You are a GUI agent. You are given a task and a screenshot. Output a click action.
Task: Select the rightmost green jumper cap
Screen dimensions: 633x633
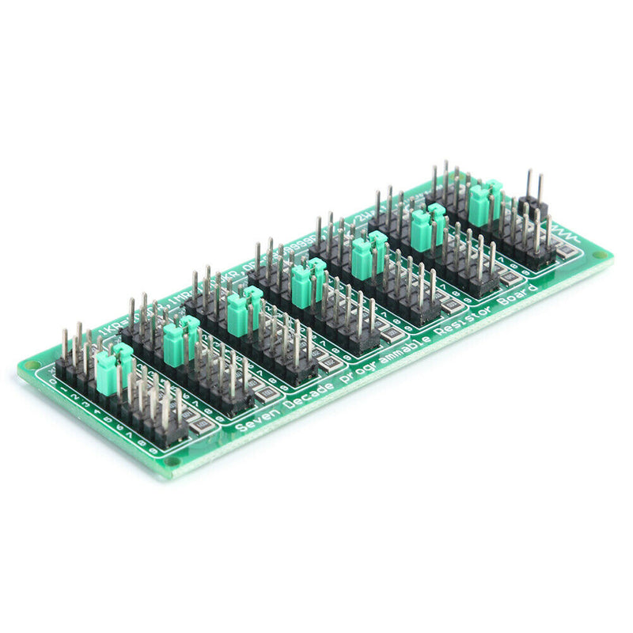tap(484, 203)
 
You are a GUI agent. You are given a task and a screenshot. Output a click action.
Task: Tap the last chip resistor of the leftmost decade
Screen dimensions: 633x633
tap(203, 426)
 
